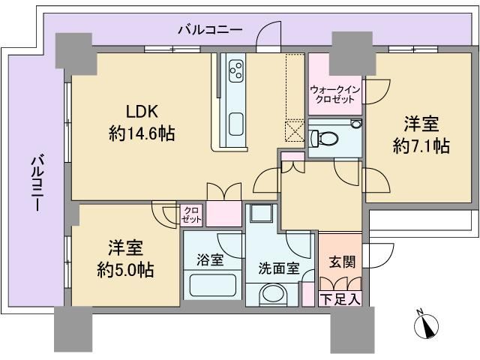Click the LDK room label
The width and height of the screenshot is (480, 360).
(142, 112)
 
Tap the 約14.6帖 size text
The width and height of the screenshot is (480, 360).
(142, 133)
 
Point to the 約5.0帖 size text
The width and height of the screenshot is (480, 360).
(126, 270)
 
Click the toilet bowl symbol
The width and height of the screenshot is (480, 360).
(323, 138)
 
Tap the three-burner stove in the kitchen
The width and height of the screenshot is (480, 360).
(236, 70)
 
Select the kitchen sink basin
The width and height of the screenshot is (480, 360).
(236, 123)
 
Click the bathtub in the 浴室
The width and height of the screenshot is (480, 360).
(213, 285)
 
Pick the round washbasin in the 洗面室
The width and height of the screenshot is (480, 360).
(273, 294)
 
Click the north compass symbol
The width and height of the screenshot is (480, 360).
(426, 325)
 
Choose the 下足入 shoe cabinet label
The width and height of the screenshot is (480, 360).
(340, 299)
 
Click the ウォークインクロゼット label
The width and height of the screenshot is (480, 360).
(334, 94)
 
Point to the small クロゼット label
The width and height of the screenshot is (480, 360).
(191, 215)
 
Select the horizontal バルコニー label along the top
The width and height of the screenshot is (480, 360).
(211, 30)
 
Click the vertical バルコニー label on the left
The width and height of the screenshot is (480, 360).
(37, 183)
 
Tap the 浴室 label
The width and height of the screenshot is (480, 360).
(210, 259)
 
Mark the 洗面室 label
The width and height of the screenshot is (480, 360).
(278, 268)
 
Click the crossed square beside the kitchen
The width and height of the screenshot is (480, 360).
(294, 130)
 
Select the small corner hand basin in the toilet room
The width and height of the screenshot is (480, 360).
(355, 124)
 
